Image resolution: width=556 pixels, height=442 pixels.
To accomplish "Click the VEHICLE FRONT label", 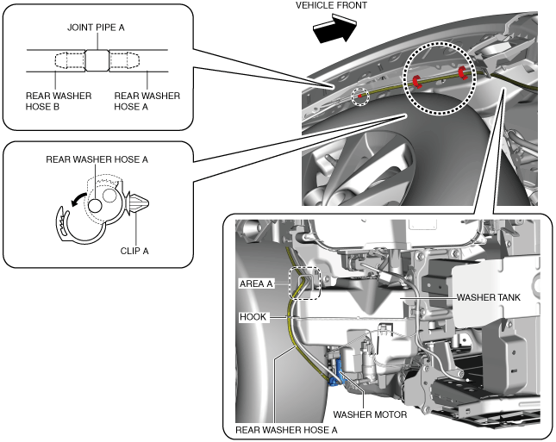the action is pos(331,5).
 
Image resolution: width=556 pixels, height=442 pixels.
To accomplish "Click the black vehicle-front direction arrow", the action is pos(335,28).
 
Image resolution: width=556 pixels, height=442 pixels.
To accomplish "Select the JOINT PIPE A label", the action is pos(96,28).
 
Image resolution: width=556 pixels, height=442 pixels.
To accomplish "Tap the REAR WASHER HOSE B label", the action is pos(59,101).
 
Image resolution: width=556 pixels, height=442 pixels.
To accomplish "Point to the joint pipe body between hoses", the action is pos(97,60).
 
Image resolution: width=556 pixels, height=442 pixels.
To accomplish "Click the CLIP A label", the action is pos(134,251).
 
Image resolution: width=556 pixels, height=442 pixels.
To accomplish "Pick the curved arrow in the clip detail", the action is pos(78,198).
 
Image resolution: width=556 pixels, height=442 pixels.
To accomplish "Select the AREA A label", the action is pos(256,284).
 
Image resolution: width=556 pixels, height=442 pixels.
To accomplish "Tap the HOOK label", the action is pos(253,316).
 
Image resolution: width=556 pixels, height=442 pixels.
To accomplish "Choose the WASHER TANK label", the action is pos(488,297).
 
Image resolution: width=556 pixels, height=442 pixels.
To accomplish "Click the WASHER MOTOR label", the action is pos(370,414).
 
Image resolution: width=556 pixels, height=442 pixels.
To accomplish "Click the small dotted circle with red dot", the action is pos(360,96).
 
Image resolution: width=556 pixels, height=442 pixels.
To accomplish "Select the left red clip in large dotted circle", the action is pos(416,81).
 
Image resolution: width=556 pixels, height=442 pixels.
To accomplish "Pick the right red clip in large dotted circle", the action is pos(462,72).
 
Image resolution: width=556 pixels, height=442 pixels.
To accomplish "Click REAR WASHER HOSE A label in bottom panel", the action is pos(286,430).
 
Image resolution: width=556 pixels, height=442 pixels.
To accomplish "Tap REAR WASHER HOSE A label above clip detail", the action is pos(97,159).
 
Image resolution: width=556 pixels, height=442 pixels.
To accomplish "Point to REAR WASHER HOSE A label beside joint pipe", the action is pos(147,101).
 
